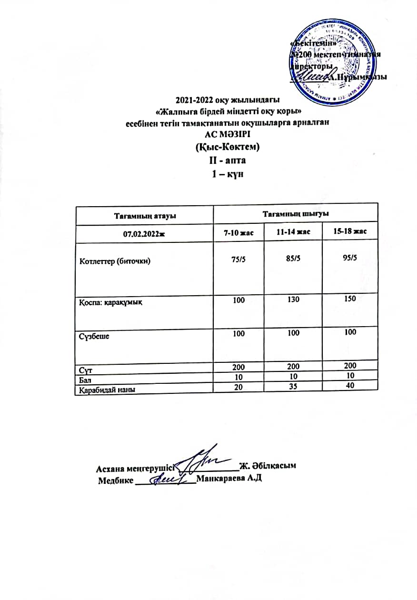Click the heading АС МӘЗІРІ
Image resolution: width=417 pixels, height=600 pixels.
pos(228,135)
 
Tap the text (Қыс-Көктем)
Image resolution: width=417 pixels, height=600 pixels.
pos(228,148)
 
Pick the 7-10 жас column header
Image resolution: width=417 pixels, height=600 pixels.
pos(238,233)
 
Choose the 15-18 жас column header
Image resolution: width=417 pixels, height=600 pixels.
pos(350,232)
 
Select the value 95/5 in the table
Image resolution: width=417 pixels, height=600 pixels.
pos(350,259)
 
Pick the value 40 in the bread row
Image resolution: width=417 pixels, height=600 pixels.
pos(350,386)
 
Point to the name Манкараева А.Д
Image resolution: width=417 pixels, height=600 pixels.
pos(229,478)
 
